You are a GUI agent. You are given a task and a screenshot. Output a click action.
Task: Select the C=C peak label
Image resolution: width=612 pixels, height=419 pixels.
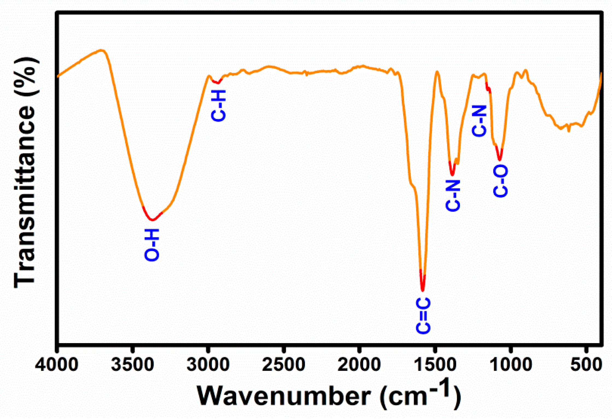click(x=423, y=316)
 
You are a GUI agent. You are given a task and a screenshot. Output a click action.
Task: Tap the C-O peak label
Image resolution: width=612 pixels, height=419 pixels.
click(x=500, y=181)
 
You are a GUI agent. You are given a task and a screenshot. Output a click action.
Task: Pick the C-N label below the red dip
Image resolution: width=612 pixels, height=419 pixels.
click(x=453, y=196)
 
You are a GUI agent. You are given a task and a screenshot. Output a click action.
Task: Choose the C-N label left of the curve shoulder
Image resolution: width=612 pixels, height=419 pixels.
click(x=479, y=121)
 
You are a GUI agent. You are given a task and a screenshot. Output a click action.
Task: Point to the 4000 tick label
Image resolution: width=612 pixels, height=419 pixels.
click(x=57, y=365)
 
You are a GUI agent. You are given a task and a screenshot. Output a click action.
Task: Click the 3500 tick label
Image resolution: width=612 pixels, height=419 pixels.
click(x=132, y=365)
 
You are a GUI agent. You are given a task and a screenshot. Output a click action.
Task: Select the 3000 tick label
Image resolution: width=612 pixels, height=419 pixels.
click(x=208, y=365)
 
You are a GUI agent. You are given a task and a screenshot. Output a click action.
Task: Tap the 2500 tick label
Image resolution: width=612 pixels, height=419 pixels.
click(x=284, y=365)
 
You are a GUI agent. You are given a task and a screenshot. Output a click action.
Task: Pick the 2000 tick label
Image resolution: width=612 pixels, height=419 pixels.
click(x=359, y=365)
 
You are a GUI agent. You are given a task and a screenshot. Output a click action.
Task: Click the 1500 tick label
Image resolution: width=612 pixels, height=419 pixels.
click(x=435, y=365)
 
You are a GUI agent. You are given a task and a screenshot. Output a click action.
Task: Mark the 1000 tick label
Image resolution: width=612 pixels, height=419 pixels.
click(x=511, y=365)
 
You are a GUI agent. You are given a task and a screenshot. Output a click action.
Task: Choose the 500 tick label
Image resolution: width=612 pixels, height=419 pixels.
click(x=586, y=365)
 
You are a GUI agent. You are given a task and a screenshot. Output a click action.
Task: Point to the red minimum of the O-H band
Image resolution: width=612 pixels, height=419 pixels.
click(x=152, y=220)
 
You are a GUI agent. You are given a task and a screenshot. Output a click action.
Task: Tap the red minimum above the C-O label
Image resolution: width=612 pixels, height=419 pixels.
click(x=500, y=159)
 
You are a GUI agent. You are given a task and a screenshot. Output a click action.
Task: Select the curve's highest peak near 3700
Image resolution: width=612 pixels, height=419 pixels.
click(x=102, y=50)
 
